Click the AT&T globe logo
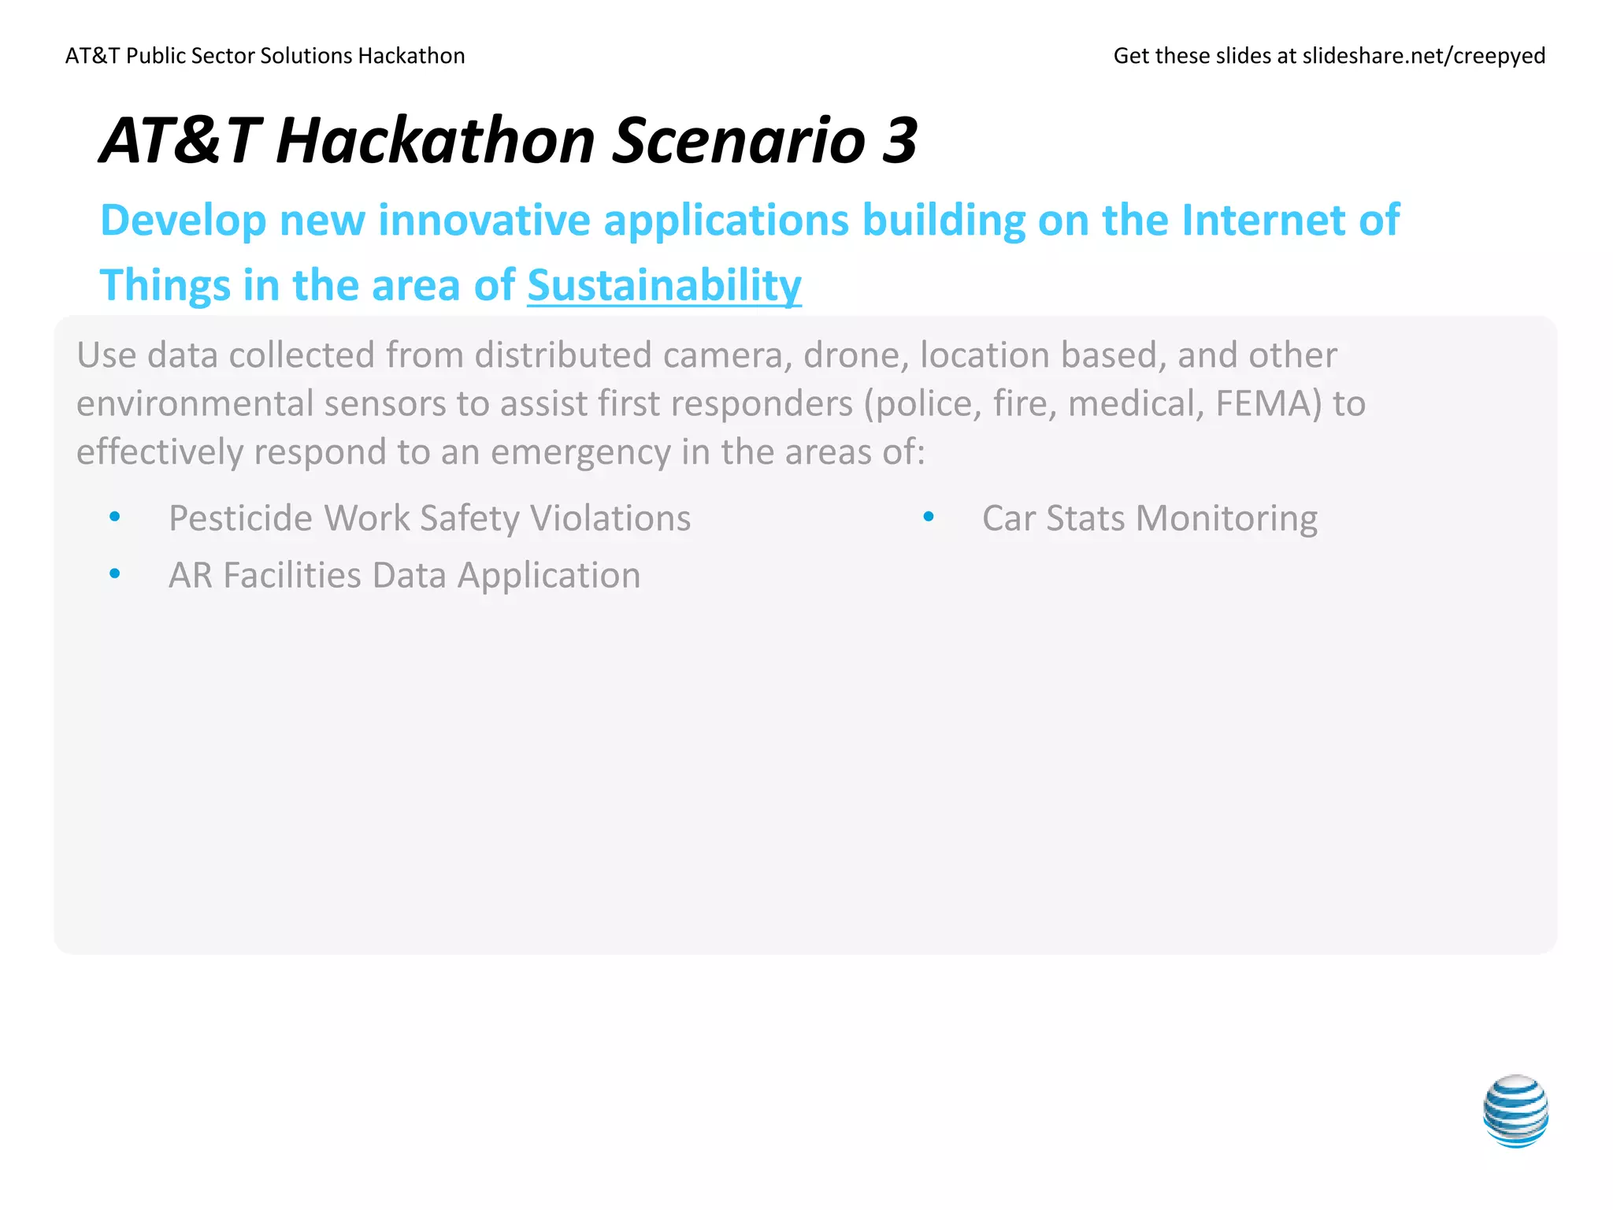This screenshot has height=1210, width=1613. click(1515, 1111)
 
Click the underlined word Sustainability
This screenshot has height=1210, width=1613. click(664, 285)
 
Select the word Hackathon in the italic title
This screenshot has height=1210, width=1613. click(436, 141)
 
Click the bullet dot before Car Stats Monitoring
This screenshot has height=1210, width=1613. click(929, 517)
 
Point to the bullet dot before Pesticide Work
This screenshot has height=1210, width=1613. click(115, 517)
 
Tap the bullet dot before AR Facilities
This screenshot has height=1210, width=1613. click(115, 574)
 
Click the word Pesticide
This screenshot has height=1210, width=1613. click(239, 518)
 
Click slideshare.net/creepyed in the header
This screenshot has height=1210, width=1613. click(1423, 56)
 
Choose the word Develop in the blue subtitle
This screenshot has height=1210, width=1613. click(184, 221)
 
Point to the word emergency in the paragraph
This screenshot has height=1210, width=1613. click(580, 453)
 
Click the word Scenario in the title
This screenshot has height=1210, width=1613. click(739, 141)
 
